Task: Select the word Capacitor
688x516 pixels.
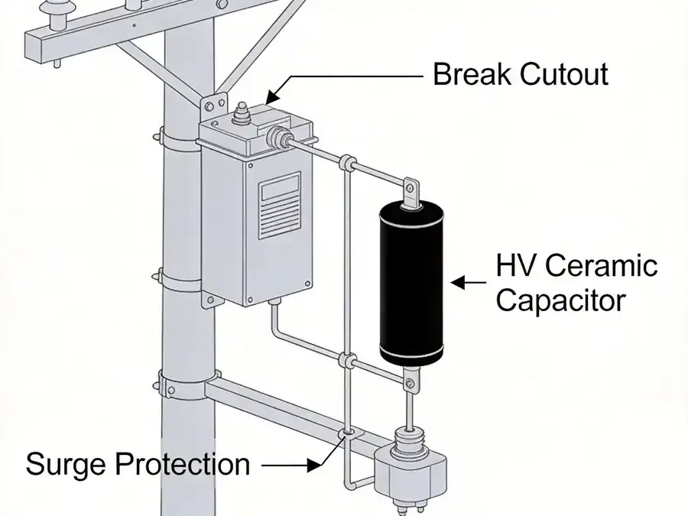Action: click(x=561, y=301)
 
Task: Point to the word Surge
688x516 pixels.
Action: click(x=66, y=464)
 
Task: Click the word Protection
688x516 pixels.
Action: click(x=182, y=464)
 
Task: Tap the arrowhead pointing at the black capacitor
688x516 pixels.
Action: click(x=458, y=283)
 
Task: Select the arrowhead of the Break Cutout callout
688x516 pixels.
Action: click(x=274, y=95)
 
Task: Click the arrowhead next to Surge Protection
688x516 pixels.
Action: click(x=314, y=466)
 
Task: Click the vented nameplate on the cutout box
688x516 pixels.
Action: click(x=280, y=206)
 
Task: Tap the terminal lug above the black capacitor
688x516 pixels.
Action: click(x=411, y=192)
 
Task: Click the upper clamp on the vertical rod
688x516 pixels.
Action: click(x=348, y=163)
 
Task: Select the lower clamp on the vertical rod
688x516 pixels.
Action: click(x=349, y=362)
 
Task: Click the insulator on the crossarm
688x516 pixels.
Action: click(x=56, y=15)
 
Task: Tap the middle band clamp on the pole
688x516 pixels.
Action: click(x=180, y=281)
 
